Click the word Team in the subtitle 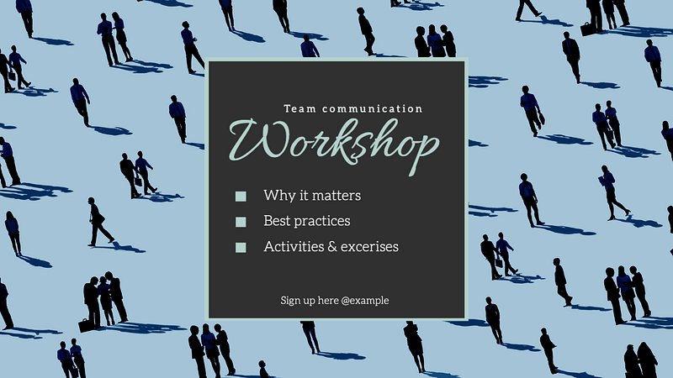click(x=300, y=109)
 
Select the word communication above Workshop click(x=373, y=109)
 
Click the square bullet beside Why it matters click(x=241, y=197)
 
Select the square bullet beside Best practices click(x=241, y=222)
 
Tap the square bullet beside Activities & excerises click(x=241, y=247)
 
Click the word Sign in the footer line click(x=290, y=301)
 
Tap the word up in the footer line click(x=309, y=302)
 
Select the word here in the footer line click(x=328, y=301)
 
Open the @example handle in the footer click(x=365, y=301)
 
